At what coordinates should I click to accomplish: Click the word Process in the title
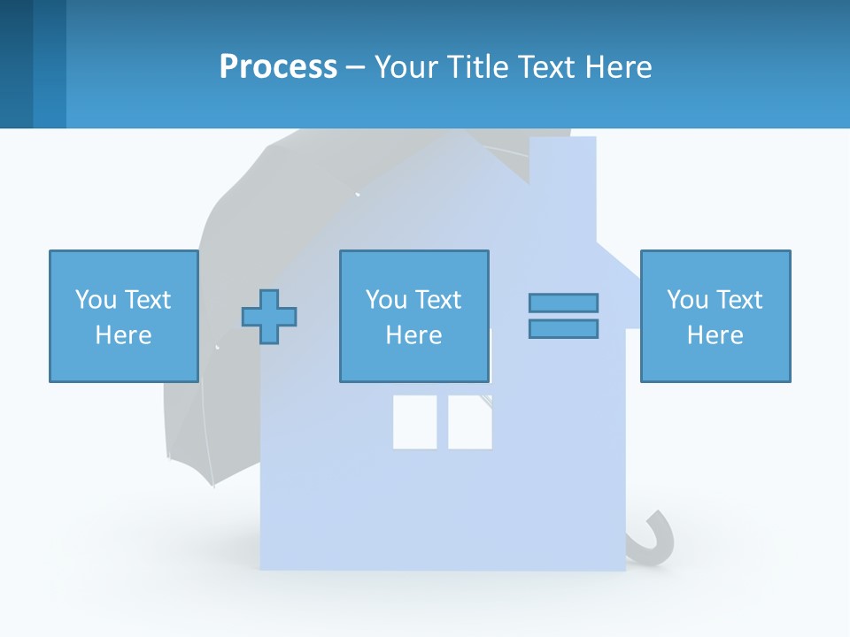coord(278,67)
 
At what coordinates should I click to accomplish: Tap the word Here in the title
coord(618,67)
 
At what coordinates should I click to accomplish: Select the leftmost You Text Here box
coord(123,316)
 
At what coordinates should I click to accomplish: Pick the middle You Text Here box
coord(413,316)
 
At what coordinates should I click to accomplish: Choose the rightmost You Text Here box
coord(715,316)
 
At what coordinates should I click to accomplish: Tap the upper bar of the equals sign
coord(563,303)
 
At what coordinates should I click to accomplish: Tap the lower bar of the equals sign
coord(563,328)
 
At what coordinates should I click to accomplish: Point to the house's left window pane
coord(414,421)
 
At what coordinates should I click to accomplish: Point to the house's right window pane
coord(469,421)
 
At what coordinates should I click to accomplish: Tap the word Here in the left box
coord(123,335)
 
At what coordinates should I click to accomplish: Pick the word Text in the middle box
coord(438,300)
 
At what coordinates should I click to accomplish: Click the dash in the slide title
coord(355,67)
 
